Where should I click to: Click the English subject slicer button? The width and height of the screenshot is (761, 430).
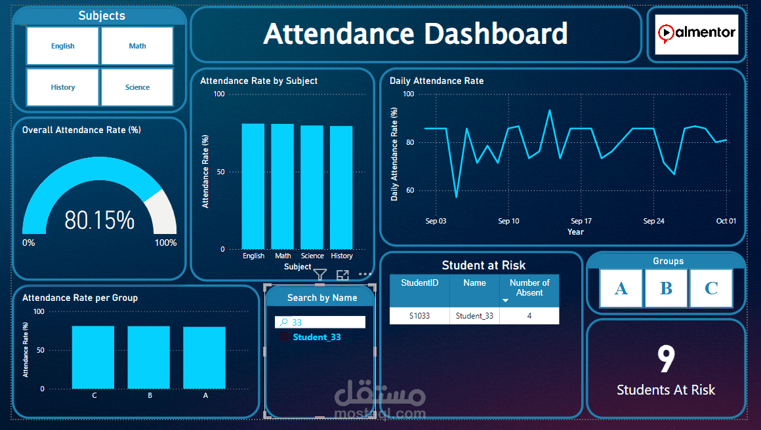click(x=63, y=46)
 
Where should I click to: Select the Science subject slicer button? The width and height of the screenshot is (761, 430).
click(x=137, y=87)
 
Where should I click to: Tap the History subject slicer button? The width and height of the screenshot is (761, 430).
click(x=63, y=87)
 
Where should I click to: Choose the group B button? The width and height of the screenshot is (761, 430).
click(x=666, y=288)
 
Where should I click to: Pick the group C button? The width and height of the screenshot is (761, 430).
click(x=710, y=288)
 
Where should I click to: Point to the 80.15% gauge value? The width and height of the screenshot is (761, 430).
click(x=99, y=220)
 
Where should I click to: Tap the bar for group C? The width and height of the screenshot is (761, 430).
click(x=93, y=357)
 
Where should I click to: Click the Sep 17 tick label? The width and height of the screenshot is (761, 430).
click(x=581, y=221)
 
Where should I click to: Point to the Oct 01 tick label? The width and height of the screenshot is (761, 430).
click(x=726, y=221)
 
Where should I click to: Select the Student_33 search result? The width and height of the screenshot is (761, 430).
click(x=317, y=337)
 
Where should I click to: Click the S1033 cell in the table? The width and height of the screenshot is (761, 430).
click(x=419, y=316)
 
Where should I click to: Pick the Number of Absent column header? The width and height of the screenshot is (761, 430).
click(x=529, y=288)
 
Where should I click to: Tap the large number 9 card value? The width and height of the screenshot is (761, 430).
click(x=666, y=359)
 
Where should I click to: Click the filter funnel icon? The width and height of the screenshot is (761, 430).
click(x=319, y=275)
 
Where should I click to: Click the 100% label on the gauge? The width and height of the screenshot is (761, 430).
click(x=165, y=243)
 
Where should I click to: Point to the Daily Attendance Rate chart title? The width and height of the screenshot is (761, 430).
click(x=436, y=81)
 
